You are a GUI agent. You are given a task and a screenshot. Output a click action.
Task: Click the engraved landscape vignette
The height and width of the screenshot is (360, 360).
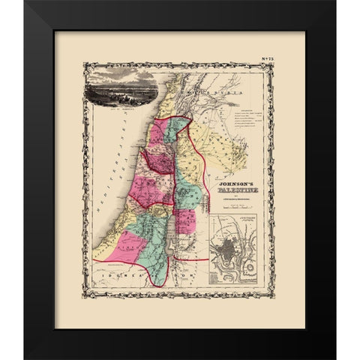tap(123, 95)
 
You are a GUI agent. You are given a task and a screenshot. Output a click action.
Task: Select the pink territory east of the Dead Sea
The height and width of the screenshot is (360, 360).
tap(185, 221)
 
